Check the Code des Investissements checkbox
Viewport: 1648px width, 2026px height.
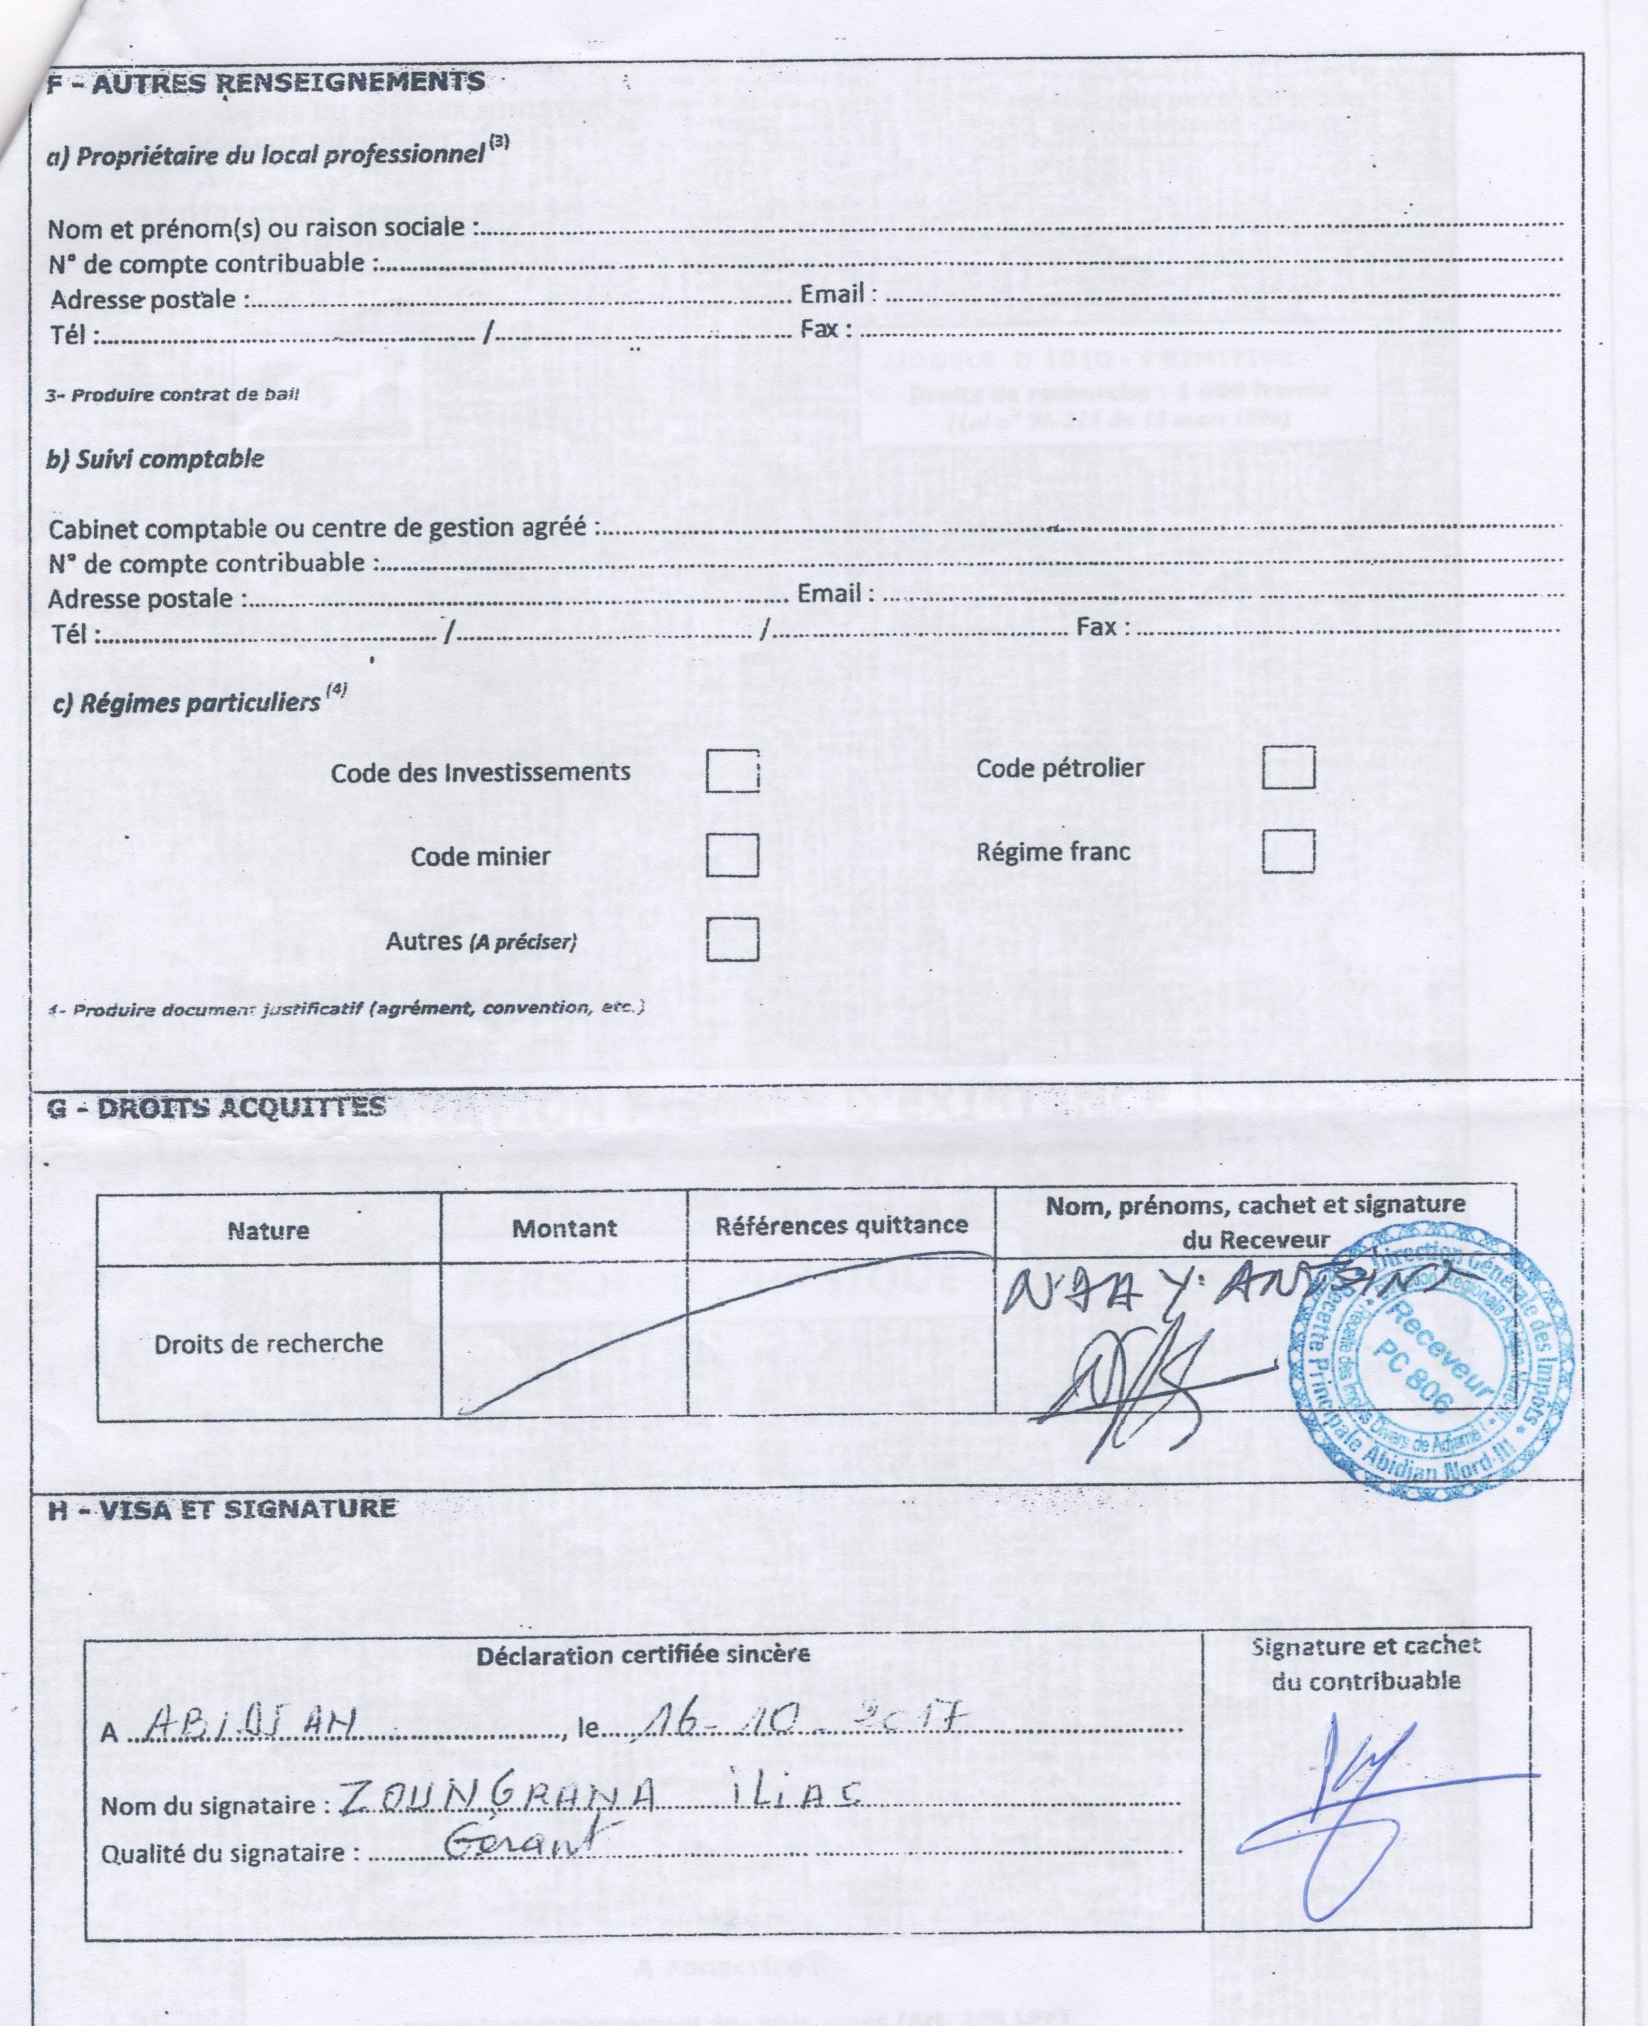tap(732, 771)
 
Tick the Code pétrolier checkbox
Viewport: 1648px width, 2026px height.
tap(1288, 767)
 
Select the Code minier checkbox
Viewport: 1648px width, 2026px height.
tap(732, 854)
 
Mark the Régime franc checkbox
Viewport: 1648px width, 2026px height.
tap(1288, 851)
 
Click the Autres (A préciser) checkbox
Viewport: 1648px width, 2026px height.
tap(732, 939)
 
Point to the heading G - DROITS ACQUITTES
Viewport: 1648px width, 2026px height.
tap(217, 1107)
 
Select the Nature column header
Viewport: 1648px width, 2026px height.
tap(269, 1230)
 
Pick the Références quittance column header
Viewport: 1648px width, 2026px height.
tap(841, 1225)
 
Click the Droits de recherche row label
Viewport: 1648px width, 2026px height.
tap(269, 1343)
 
